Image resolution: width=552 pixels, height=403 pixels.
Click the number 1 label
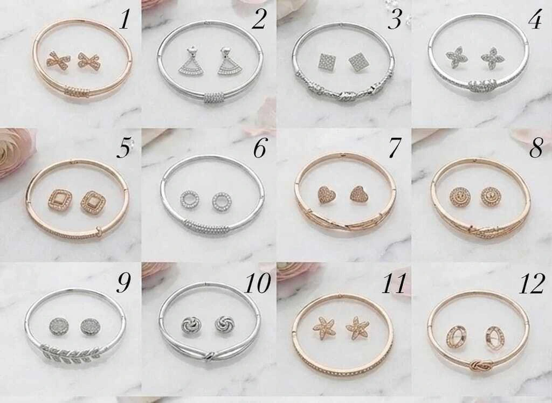click(x=125, y=19)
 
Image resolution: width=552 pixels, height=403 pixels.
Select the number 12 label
click(x=532, y=284)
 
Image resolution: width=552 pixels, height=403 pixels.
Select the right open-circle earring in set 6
click(x=220, y=200)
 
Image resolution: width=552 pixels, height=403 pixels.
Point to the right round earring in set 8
click(x=492, y=196)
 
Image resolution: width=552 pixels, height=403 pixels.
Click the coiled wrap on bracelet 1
click(x=77, y=92)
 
